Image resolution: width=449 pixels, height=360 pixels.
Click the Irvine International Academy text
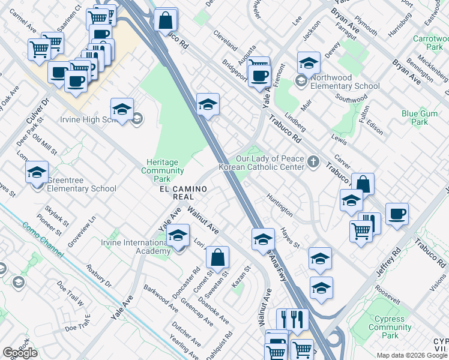click(137, 247)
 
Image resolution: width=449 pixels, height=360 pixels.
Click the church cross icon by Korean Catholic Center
click(313, 162)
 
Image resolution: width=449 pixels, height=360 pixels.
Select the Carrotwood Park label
click(427, 42)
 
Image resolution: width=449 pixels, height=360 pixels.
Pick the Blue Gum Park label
click(418, 117)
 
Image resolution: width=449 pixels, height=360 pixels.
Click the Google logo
click(20, 353)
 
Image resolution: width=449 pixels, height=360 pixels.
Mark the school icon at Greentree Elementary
click(37, 173)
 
